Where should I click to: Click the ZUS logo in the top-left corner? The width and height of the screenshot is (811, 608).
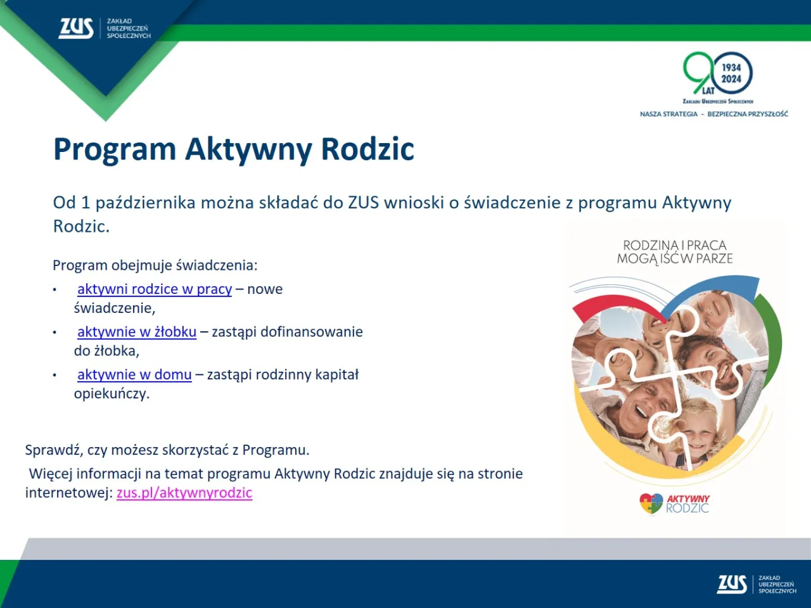click(x=77, y=28)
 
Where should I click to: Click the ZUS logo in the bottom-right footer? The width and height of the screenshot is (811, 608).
click(x=732, y=584)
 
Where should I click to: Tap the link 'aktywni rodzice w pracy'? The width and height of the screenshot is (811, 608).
click(x=154, y=289)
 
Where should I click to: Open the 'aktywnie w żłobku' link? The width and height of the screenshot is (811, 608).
click(x=136, y=332)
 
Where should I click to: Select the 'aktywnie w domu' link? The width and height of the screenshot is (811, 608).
click(x=134, y=375)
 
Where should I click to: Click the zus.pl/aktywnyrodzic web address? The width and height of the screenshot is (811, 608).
click(x=184, y=493)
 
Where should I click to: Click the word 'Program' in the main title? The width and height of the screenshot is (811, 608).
click(x=115, y=149)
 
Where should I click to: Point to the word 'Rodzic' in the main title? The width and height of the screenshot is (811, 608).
click(x=367, y=149)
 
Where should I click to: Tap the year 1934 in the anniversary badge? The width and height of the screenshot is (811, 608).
click(x=731, y=67)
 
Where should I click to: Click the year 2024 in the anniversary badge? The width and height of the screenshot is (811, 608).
click(x=731, y=79)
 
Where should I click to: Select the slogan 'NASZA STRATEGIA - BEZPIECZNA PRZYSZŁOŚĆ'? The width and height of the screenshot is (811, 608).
click(x=713, y=114)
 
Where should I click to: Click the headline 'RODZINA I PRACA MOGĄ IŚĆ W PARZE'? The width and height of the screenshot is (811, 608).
click(x=675, y=252)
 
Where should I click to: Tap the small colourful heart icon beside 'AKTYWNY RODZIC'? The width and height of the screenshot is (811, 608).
click(x=651, y=504)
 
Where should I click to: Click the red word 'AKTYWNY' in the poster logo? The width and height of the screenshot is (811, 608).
click(x=688, y=499)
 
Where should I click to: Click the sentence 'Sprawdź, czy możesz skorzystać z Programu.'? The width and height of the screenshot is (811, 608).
click(x=167, y=450)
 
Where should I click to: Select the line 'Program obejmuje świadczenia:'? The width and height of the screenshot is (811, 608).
click(x=155, y=265)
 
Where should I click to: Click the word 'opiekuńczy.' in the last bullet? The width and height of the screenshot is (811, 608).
click(x=112, y=394)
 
